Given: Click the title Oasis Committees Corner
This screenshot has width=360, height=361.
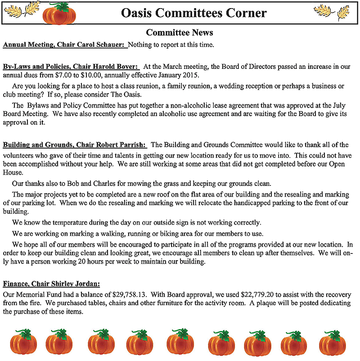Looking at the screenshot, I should pos(193,13).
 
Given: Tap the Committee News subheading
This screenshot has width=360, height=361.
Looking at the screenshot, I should pos(180,33).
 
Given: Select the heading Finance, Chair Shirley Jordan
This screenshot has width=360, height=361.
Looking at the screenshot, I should pos(51,284).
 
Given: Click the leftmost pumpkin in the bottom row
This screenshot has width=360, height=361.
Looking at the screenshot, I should pos(22,342).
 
